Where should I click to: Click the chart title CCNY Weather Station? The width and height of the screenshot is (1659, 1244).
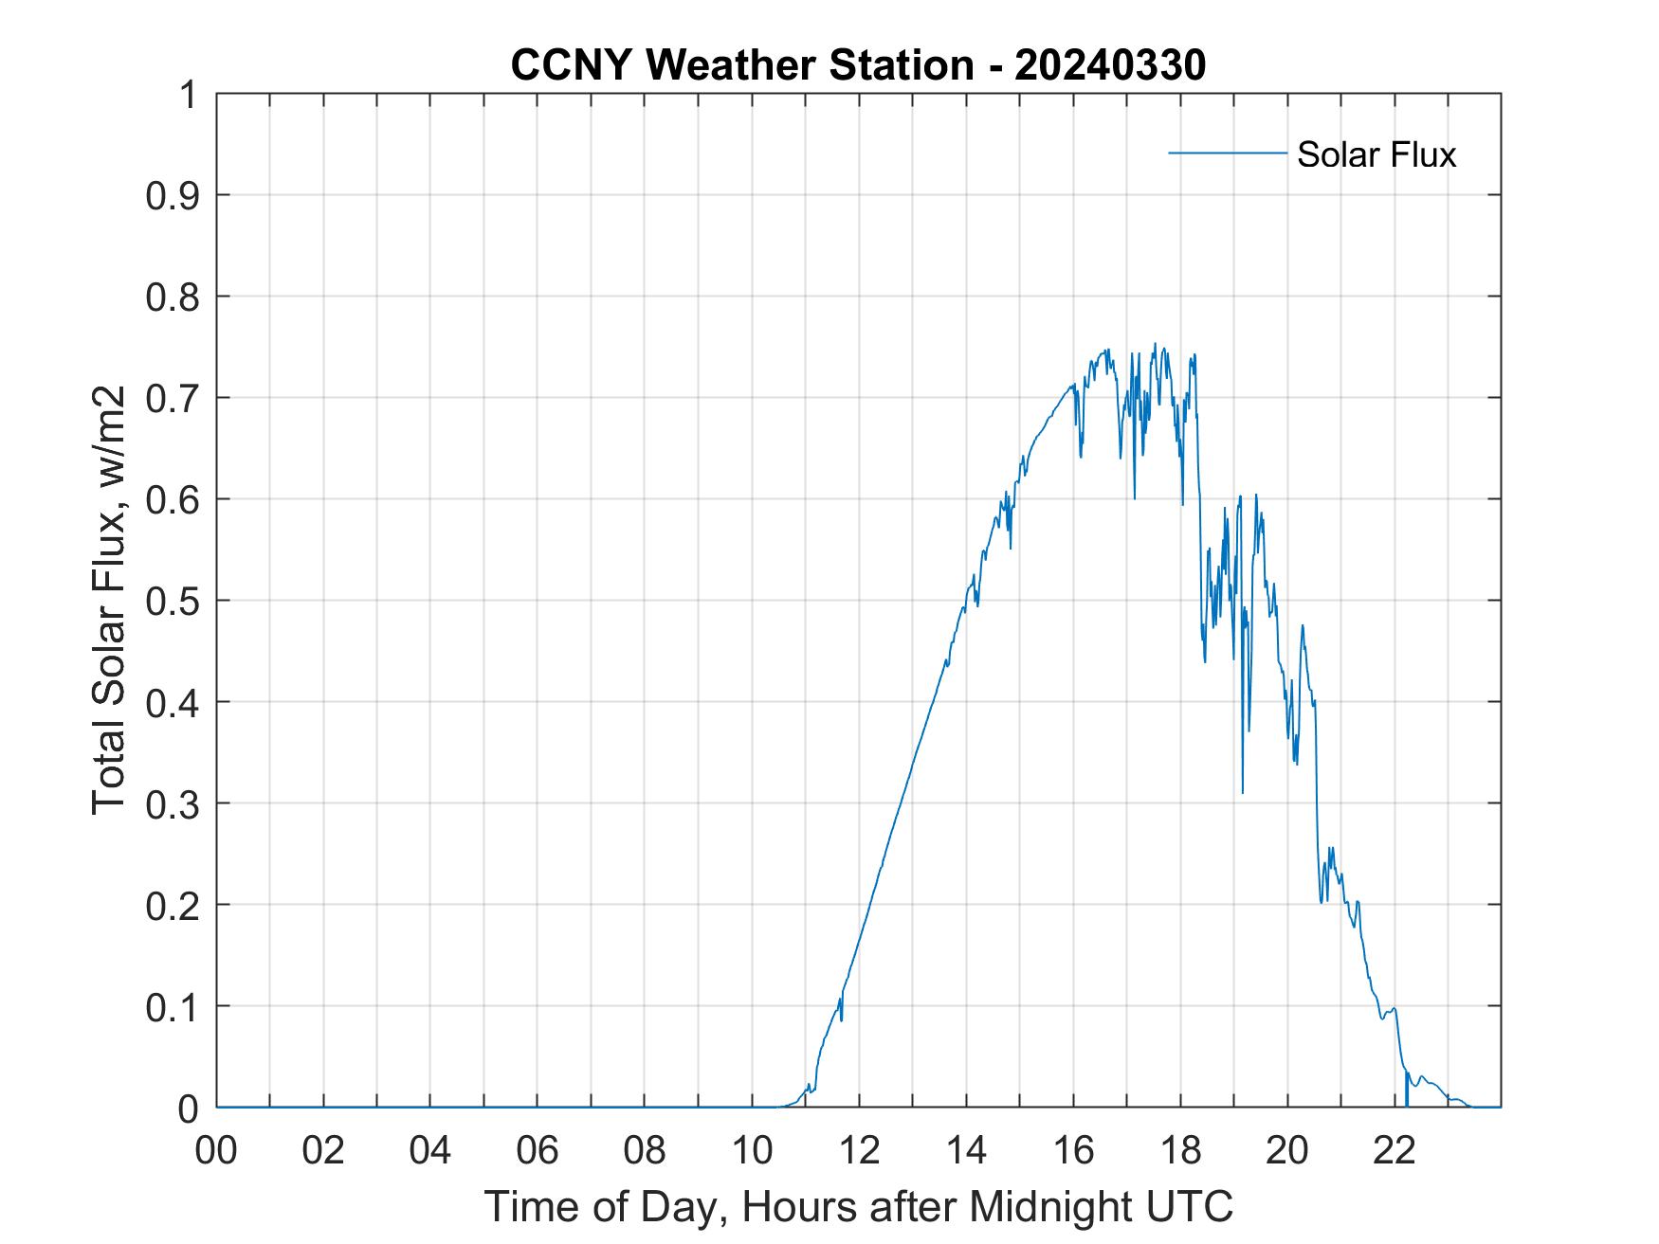(x=741, y=65)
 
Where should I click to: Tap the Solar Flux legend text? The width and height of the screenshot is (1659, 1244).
(x=1376, y=154)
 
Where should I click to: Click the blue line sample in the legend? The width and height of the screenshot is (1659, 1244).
(x=1228, y=153)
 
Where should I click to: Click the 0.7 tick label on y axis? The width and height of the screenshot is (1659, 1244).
(x=174, y=398)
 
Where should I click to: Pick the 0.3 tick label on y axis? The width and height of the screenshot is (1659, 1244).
(x=174, y=803)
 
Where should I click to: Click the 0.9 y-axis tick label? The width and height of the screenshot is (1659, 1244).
(x=174, y=195)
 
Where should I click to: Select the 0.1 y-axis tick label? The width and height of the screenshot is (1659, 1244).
(x=174, y=1006)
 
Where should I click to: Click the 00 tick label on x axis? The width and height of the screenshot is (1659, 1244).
(x=216, y=1151)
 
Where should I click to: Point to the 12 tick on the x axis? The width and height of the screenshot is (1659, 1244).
(x=859, y=1151)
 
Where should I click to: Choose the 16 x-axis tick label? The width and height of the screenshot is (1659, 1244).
(x=1073, y=1151)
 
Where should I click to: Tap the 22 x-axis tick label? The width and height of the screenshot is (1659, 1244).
(x=1395, y=1151)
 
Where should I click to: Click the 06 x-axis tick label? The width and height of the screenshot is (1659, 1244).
(x=538, y=1151)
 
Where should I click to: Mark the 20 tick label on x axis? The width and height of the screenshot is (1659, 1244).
(x=1287, y=1151)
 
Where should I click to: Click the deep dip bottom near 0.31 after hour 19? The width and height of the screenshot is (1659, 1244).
(x=1242, y=790)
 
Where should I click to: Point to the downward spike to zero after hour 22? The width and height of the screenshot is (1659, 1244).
(x=1406, y=1099)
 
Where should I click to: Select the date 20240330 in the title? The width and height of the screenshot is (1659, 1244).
(x=1110, y=65)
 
